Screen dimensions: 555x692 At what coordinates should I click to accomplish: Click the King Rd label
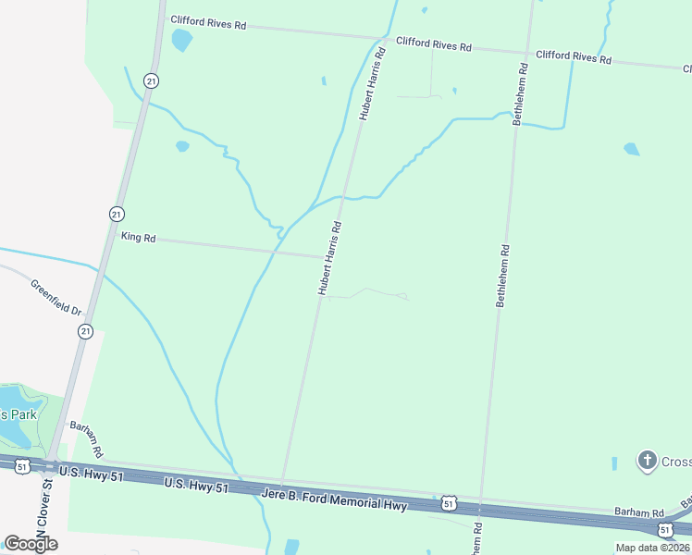[x=138, y=238]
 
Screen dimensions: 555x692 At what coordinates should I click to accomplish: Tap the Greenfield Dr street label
[x=56, y=297]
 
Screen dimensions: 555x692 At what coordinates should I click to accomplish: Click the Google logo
[x=31, y=544]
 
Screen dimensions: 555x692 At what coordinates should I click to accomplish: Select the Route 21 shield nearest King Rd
[x=116, y=214]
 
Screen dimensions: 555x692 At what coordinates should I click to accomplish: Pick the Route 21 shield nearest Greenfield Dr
[x=85, y=330]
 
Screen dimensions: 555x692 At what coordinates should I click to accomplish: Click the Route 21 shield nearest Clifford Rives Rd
[x=152, y=81]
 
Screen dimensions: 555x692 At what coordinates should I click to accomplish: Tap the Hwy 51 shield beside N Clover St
[x=22, y=466]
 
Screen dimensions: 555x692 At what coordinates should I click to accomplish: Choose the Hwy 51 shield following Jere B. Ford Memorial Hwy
[x=449, y=502]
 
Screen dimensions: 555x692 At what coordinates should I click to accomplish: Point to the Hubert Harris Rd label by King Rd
[x=330, y=258]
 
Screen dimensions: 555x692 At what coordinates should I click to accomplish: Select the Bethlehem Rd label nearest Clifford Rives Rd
[x=522, y=93]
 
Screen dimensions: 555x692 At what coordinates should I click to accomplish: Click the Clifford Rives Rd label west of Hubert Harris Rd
[x=207, y=22]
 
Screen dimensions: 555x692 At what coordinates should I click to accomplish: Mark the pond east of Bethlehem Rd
[x=632, y=149]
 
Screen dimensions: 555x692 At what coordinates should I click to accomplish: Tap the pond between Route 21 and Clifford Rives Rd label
[x=181, y=40]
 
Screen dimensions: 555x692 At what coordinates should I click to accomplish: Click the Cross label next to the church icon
[x=676, y=460]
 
